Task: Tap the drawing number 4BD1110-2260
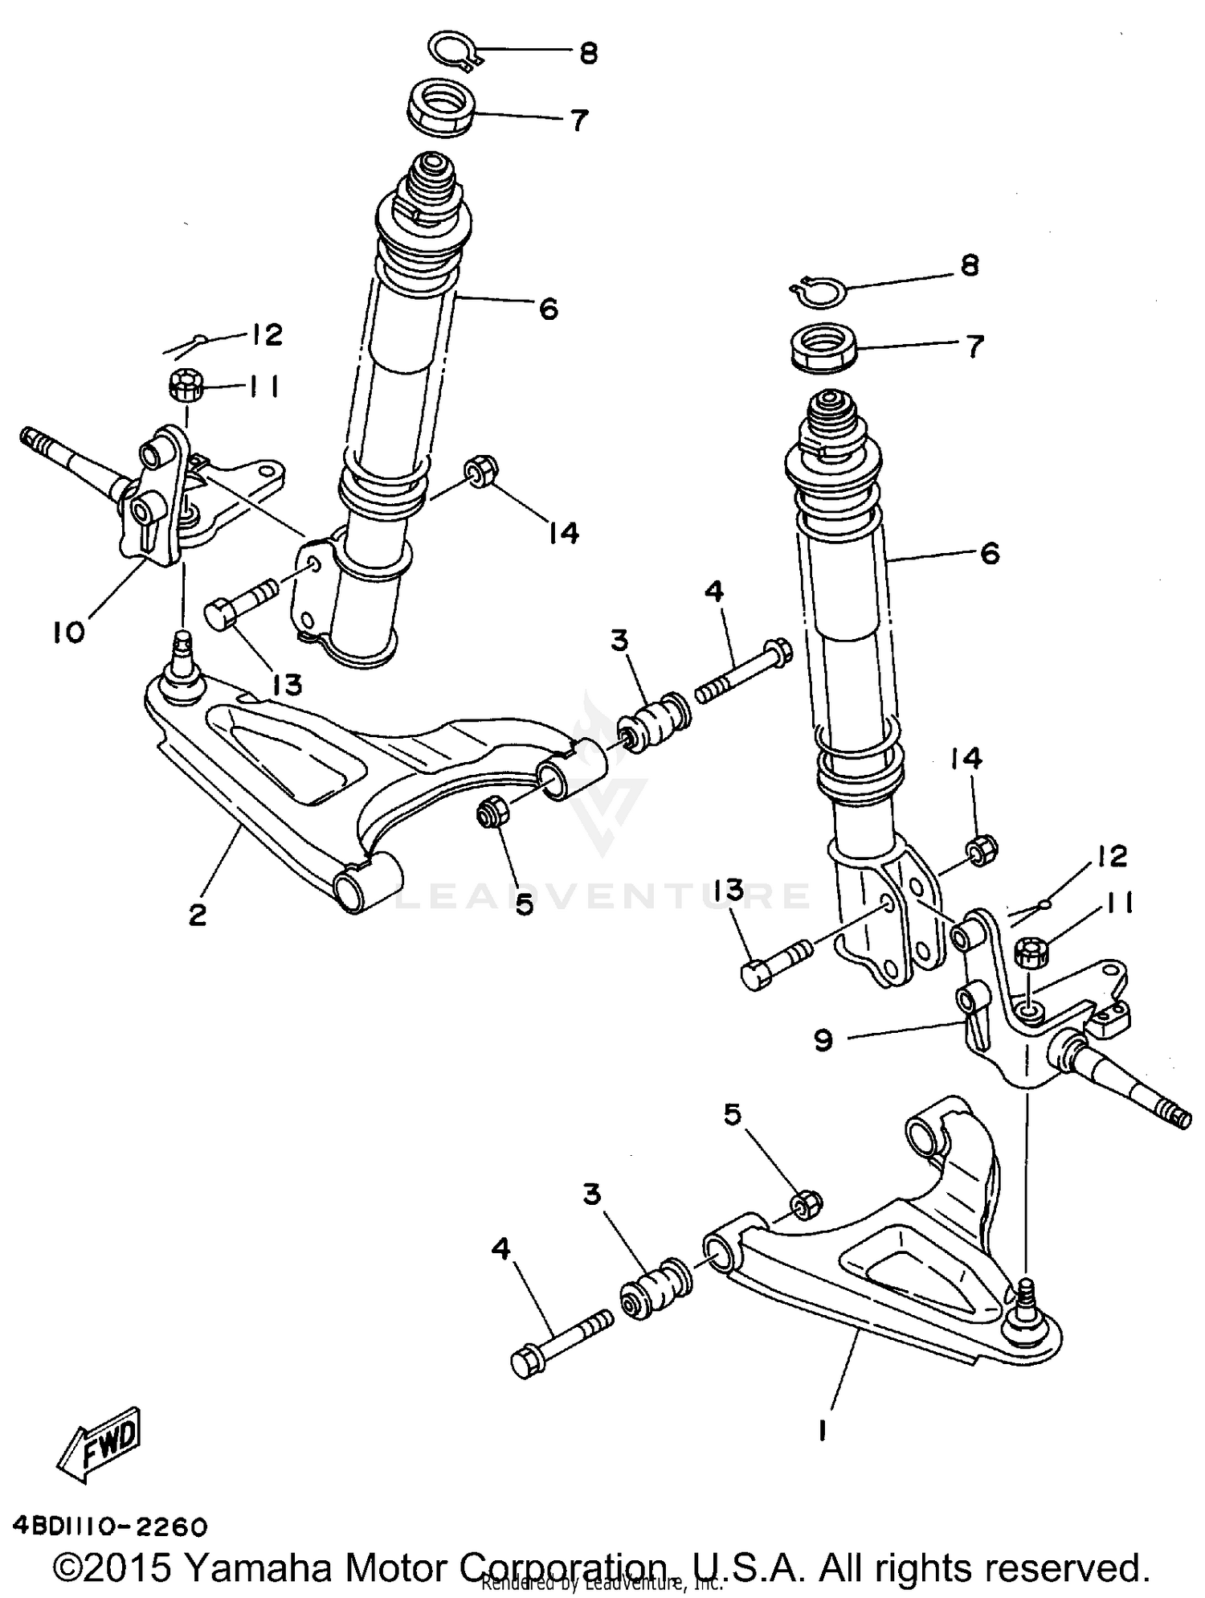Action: click(x=110, y=1526)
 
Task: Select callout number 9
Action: click(x=823, y=1040)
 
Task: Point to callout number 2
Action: click(x=198, y=914)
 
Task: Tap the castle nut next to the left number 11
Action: click(x=185, y=387)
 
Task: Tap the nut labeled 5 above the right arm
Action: click(x=805, y=1204)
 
